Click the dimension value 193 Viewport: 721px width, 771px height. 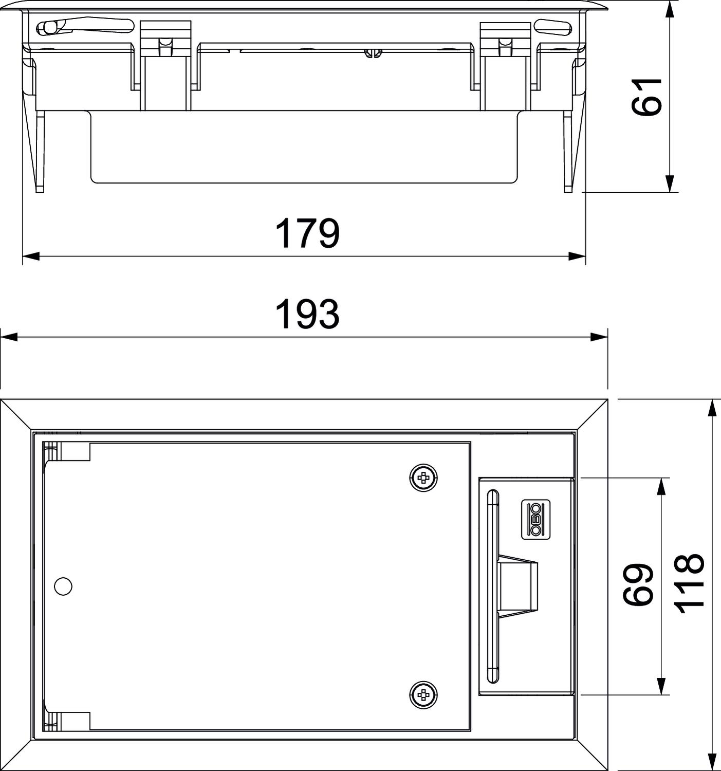pos(307,314)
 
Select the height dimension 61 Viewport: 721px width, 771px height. pos(646,97)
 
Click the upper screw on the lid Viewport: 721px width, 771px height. pos(423,478)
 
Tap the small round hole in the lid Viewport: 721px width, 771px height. pos(63,586)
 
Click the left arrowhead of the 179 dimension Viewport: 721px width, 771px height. pos(31,256)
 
